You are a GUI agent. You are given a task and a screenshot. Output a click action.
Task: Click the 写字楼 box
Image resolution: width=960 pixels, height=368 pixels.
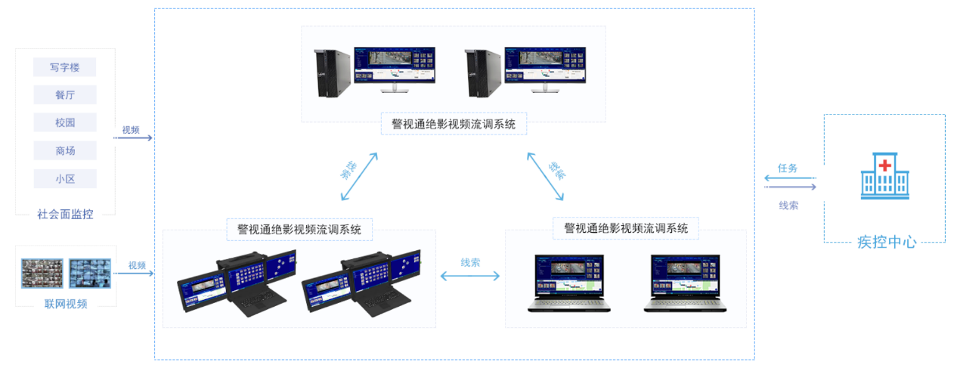coord(65,67)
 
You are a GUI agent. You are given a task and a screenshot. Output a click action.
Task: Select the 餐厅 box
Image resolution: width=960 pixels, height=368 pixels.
coord(65,95)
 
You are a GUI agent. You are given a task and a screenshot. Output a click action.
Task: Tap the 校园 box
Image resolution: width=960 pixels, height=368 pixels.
coord(65,122)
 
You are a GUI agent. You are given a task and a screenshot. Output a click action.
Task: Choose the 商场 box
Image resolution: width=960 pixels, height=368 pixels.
coord(65,150)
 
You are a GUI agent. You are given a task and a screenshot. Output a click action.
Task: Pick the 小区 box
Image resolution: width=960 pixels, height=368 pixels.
coord(65,178)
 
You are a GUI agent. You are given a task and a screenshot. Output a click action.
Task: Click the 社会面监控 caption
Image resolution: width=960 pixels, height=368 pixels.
coord(65,214)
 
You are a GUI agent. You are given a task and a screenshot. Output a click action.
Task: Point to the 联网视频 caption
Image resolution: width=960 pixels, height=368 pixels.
coord(65,304)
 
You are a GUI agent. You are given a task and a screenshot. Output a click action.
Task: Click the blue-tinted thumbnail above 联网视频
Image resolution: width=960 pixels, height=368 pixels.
coord(89,274)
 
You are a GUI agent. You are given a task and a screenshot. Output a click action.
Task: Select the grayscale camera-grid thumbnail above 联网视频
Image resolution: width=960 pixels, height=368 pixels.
coord(42,274)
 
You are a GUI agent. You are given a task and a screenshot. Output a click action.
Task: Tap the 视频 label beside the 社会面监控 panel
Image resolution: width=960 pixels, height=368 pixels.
coord(131,130)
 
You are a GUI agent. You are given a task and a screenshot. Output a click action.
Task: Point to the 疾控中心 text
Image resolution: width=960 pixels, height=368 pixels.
coord(887,243)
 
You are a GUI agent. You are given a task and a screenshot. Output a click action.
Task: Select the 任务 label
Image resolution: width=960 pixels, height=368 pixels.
coord(788,169)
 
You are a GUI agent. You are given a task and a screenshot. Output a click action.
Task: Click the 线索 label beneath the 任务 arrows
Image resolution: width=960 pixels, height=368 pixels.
coord(788,205)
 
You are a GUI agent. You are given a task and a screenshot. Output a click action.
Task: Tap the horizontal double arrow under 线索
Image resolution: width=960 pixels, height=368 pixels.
coord(469,277)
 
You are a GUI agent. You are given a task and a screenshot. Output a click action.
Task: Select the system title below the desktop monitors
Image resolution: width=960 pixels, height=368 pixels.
coord(454,124)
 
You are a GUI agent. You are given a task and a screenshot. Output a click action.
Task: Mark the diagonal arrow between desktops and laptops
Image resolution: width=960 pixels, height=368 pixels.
coord(546,176)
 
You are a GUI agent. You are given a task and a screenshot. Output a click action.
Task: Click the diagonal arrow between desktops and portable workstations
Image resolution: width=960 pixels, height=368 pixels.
coord(359,176)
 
